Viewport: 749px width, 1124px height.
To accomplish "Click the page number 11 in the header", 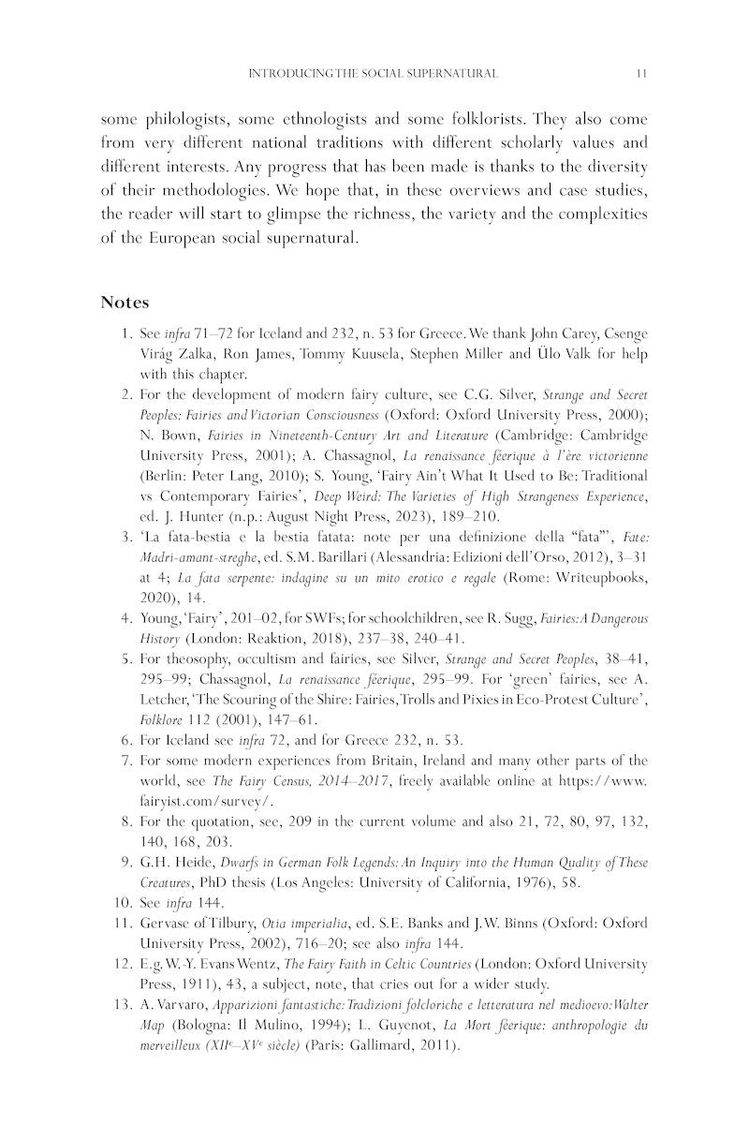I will [x=641, y=73].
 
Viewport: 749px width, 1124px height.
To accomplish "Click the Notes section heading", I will [x=125, y=303].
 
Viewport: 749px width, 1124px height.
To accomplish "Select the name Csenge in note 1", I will [x=624, y=333].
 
